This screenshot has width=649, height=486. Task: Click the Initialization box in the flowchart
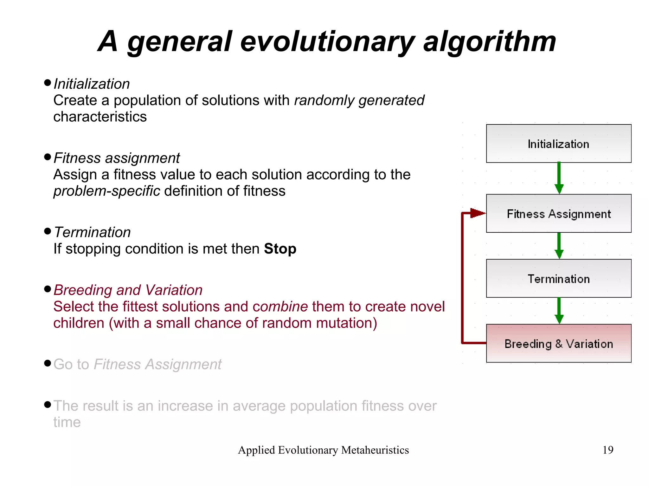pyautogui.click(x=558, y=144)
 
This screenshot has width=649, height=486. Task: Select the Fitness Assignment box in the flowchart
pyautogui.click(x=558, y=214)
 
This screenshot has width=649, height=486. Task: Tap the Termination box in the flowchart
pyautogui.click(x=558, y=279)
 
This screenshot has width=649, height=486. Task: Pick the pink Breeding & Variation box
pyautogui.click(x=558, y=344)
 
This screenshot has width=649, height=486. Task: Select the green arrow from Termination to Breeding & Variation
pyautogui.click(x=559, y=310)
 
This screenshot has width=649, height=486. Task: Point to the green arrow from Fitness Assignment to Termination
pyautogui.click(x=559, y=245)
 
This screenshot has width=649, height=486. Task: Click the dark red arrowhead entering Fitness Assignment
pyautogui.click(x=477, y=213)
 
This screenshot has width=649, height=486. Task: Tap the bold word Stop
pyautogui.click(x=280, y=249)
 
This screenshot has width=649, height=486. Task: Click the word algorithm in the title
pyautogui.click(x=490, y=42)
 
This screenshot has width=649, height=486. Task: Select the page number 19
pyautogui.click(x=607, y=450)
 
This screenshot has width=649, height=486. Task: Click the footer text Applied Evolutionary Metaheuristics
pyautogui.click(x=323, y=450)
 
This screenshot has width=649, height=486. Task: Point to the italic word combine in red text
pyautogui.click(x=280, y=306)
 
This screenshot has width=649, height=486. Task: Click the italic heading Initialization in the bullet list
pyautogui.click(x=92, y=84)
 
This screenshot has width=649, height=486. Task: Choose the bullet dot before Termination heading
pyautogui.click(x=48, y=231)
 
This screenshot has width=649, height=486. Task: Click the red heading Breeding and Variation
pyautogui.click(x=128, y=290)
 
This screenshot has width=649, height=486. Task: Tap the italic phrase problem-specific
pyautogui.click(x=107, y=191)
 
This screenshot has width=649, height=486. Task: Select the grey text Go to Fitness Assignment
pyautogui.click(x=137, y=364)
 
